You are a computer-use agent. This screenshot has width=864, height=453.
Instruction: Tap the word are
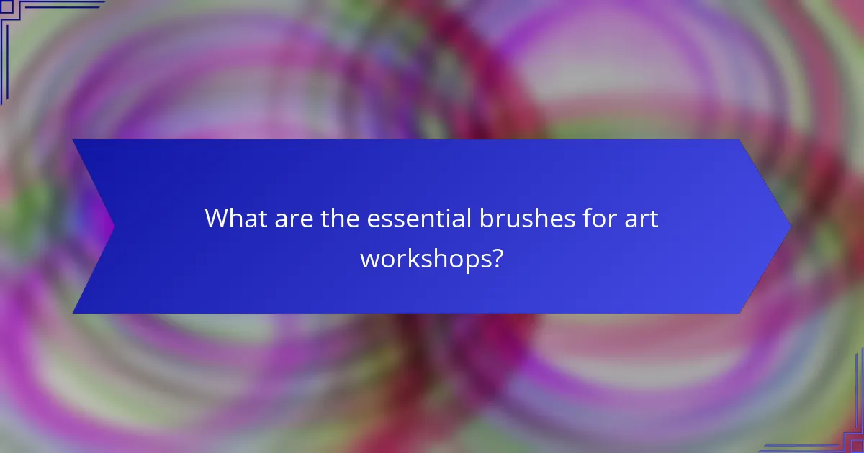point(288,218)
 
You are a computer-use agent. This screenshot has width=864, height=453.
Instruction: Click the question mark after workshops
point(496,258)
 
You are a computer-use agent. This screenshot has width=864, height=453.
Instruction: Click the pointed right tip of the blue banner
point(790,226)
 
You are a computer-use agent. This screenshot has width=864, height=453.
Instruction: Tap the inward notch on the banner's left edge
point(114,226)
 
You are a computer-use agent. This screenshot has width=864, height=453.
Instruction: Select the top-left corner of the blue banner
point(73,140)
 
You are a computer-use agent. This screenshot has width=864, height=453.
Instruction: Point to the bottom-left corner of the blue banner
point(73,313)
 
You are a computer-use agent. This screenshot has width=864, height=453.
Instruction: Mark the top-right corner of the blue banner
point(740,140)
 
